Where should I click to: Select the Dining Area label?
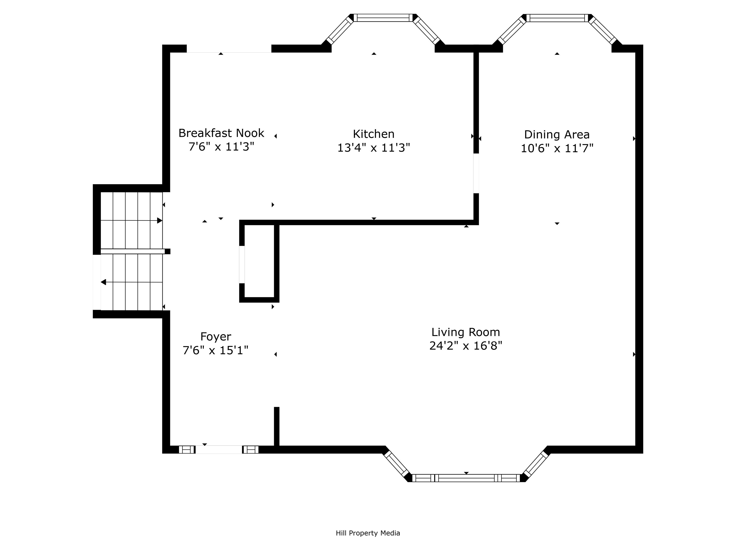[557, 134]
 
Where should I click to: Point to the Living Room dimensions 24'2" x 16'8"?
[466, 346]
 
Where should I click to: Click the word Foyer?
[216, 336]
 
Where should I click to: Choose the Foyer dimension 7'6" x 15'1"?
[216, 350]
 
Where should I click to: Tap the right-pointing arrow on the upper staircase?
[159, 221]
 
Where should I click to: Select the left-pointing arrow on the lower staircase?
[103, 282]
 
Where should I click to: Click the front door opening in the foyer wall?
[218, 449]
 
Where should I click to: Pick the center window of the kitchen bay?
[383, 18]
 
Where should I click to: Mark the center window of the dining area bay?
[557, 18]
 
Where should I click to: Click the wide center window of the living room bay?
[466, 478]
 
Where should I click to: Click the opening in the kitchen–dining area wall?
[476, 173]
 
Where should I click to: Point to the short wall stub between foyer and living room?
[276, 426]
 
